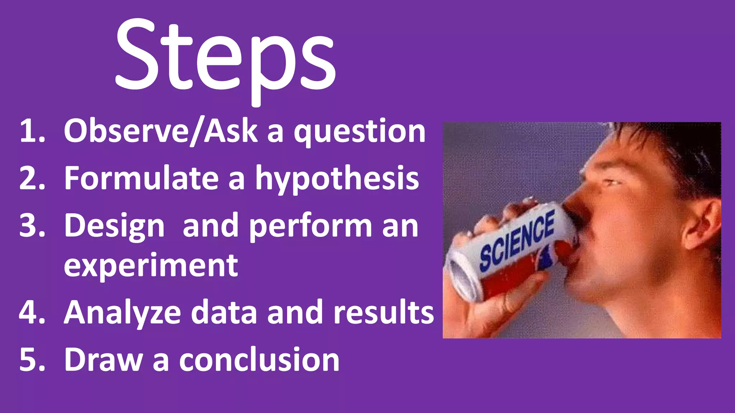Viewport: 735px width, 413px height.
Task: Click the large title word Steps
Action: click(225, 57)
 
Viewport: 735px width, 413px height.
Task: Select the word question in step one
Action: click(360, 132)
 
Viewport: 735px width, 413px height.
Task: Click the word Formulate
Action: click(141, 178)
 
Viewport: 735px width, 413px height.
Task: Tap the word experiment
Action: click(151, 266)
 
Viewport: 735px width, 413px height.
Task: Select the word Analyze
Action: click(122, 313)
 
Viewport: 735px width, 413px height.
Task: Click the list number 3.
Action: click(32, 226)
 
